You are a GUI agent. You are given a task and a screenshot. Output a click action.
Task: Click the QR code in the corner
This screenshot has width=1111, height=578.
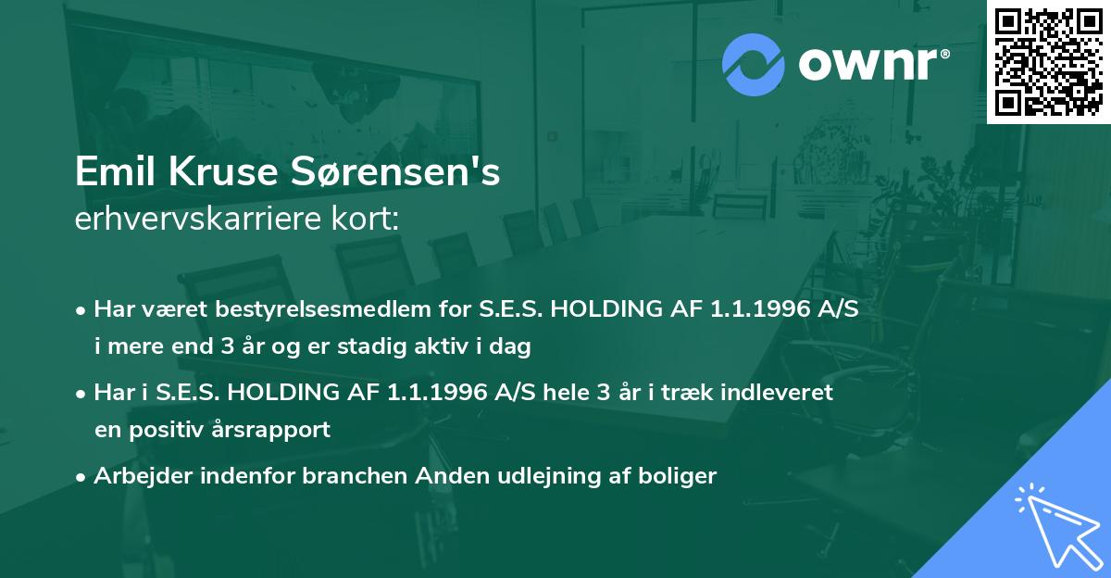coord(1048,61)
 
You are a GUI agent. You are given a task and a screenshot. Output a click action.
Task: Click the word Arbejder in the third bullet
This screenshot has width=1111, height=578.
coord(136,476)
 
